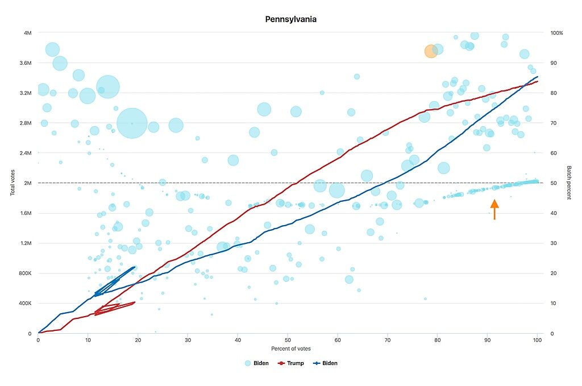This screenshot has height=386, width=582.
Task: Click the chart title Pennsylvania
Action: click(x=290, y=19)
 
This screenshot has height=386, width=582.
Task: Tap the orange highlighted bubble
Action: click(x=431, y=51)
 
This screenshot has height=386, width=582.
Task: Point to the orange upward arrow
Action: click(x=494, y=209)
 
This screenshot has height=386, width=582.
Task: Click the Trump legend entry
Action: click(x=291, y=363)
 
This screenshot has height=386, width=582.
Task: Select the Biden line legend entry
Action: click(x=326, y=363)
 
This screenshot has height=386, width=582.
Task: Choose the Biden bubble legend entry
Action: click(x=256, y=363)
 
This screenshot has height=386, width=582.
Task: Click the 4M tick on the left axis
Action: click(x=27, y=32)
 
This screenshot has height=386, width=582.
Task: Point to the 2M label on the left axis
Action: click(x=27, y=183)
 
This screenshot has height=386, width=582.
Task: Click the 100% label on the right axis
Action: click(x=556, y=32)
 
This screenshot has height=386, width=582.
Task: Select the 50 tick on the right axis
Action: click(x=554, y=183)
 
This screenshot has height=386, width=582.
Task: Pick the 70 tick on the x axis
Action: click(x=388, y=340)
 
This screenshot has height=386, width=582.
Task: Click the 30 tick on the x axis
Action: click(x=188, y=340)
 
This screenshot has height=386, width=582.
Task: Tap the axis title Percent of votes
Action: click(x=290, y=348)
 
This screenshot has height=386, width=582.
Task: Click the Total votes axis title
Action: click(x=13, y=182)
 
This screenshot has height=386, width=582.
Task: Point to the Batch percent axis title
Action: click(x=568, y=182)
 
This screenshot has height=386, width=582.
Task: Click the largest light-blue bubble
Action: click(x=132, y=123)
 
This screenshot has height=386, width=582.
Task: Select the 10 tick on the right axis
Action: click(x=554, y=303)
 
